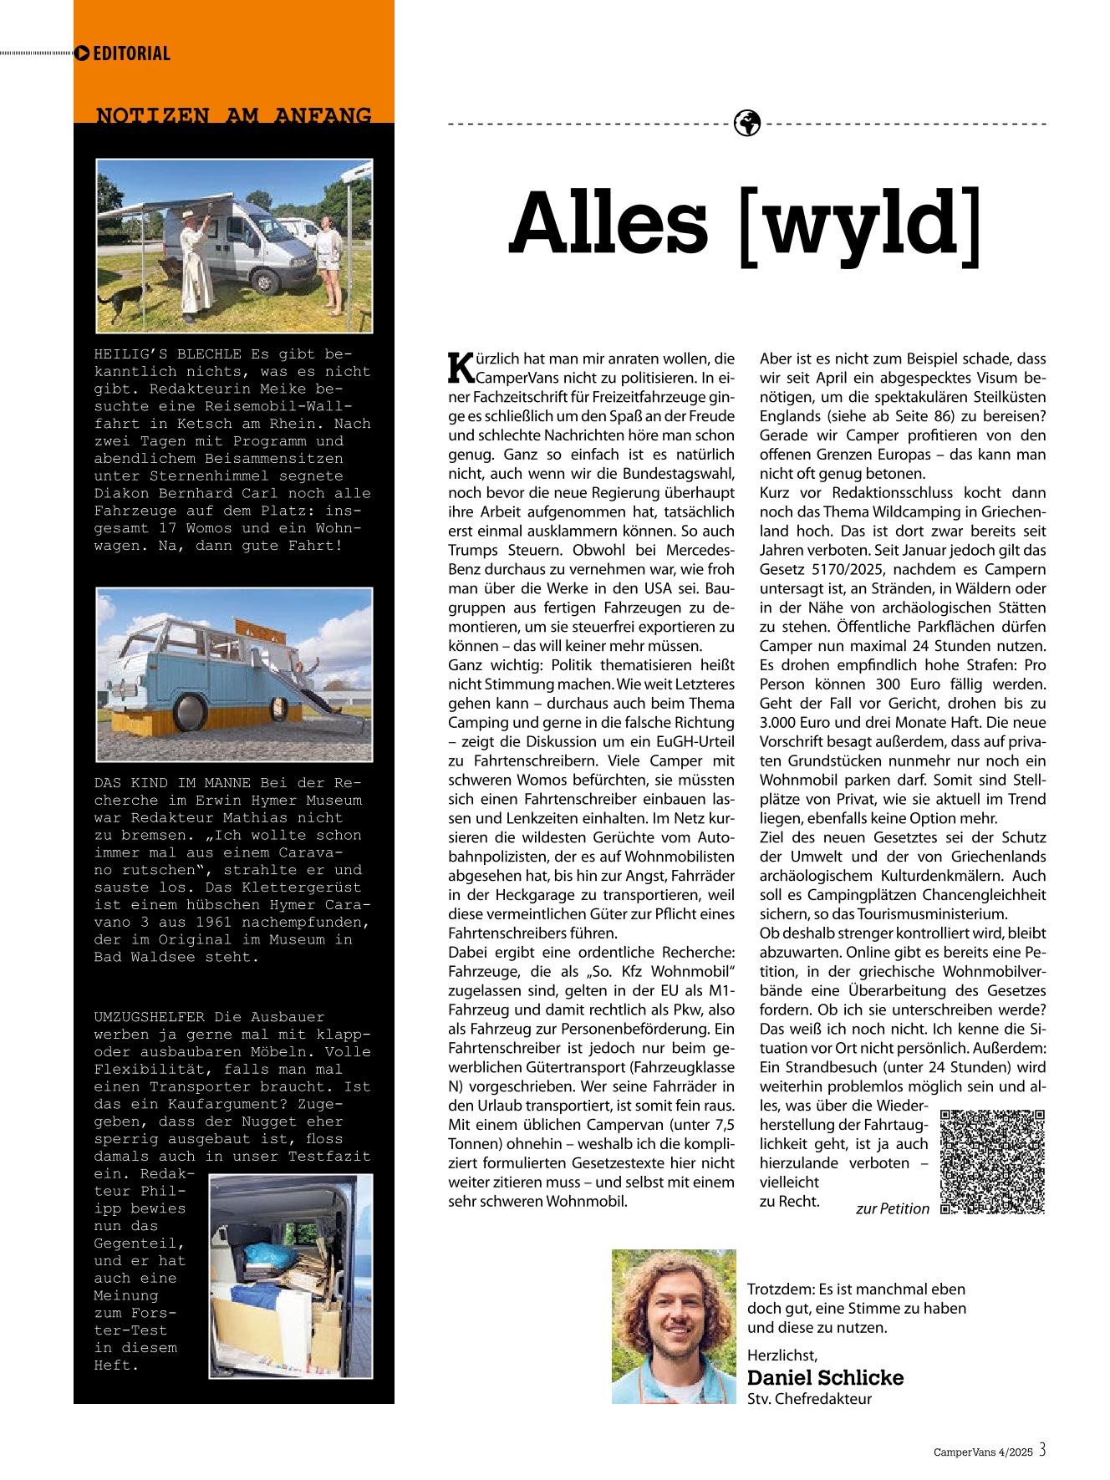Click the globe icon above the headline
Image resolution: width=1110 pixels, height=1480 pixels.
pyautogui.click(x=746, y=123)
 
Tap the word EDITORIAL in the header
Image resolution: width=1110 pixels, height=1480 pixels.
pyautogui.click(x=131, y=53)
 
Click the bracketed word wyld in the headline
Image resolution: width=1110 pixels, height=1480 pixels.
pyautogui.click(x=860, y=224)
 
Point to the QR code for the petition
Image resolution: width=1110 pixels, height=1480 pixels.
pyautogui.click(x=993, y=1161)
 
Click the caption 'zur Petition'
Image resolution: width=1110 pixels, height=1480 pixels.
pyautogui.click(x=892, y=1208)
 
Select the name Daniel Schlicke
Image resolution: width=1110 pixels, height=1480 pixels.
pyautogui.click(x=825, y=1377)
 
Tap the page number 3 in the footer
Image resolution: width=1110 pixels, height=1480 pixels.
pyautogui.click(x=1042, y=1451)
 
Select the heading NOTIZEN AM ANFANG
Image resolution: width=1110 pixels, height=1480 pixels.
pyautogui.click(x=234, y=115)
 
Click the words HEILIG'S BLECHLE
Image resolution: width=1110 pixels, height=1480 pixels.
pyautogui.click(x=168, y=353)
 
